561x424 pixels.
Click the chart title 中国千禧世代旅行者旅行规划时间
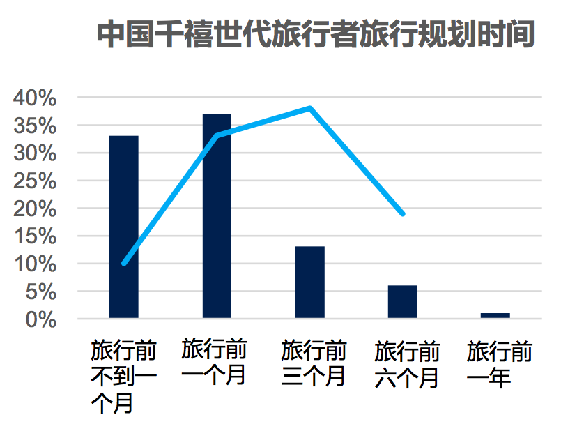[x=316, y=34]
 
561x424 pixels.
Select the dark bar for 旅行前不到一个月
[x=124, y=227]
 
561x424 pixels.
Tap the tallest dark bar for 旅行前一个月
[x=217, y=216]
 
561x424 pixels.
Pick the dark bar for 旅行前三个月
[x=310, y=282]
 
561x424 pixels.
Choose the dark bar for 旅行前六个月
[x=403, y=302]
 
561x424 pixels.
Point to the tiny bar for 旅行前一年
[x=495, y=315]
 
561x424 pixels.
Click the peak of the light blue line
[x=310, y=108]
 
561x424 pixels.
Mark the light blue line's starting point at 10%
[x=124, y=264]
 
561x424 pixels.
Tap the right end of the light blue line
[x=403, y=214]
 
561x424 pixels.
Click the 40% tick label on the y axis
[x=35, y=98]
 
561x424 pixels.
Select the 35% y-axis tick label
[x=35, y=126]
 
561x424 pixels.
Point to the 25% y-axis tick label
[x=35, y=181]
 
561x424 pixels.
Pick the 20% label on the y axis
[x=35, y=209]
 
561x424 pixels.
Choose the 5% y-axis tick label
[x=41, y=292]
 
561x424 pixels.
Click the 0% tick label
[x=41, y=319]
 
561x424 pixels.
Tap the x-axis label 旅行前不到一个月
[x=124, y=376]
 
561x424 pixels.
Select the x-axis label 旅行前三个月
[x=314, y=363]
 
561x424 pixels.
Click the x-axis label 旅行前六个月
[x=407, y=364]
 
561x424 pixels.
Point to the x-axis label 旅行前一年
[x=500, y=364]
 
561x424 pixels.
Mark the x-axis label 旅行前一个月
[x=214, y=361]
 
